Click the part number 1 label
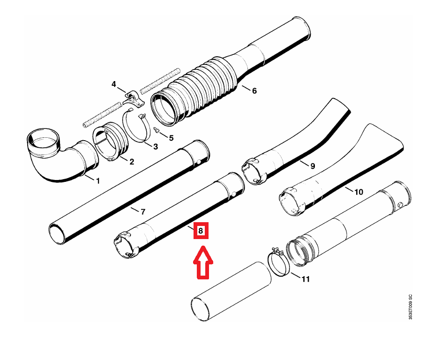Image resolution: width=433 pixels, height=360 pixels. point(98,181)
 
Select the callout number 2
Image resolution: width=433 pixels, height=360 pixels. point(132,162)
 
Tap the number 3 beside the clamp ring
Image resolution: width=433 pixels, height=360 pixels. point(156,146)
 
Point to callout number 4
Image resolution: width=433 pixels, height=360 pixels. point(114,84)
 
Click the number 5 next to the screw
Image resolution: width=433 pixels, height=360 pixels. point(171,138)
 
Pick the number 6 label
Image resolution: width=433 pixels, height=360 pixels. point(254,90)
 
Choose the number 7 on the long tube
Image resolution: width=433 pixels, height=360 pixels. point(143,211)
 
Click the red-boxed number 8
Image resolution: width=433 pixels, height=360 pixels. point(201,231)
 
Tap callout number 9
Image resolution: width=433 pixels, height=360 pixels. point(313,166)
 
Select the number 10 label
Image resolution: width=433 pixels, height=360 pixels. point(358,192)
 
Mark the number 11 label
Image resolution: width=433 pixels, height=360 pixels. point(306,279)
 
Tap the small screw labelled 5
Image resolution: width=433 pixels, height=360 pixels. point(157,129)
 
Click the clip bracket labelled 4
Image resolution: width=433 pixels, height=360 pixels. point(134,98)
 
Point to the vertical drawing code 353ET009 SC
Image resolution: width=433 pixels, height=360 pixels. point(411,307)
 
